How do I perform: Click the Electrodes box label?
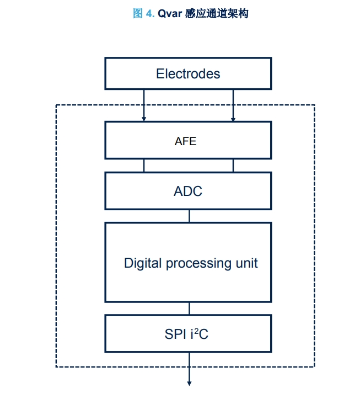188,74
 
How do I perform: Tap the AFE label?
185,141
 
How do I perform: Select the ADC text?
188,191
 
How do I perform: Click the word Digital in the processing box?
143,263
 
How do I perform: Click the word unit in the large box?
246,263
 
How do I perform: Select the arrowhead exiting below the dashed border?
189,382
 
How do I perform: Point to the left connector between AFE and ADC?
144,166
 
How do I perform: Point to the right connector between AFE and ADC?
233,166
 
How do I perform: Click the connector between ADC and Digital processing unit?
189,216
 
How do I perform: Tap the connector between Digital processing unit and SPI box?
189,308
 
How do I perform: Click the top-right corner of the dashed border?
314,105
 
